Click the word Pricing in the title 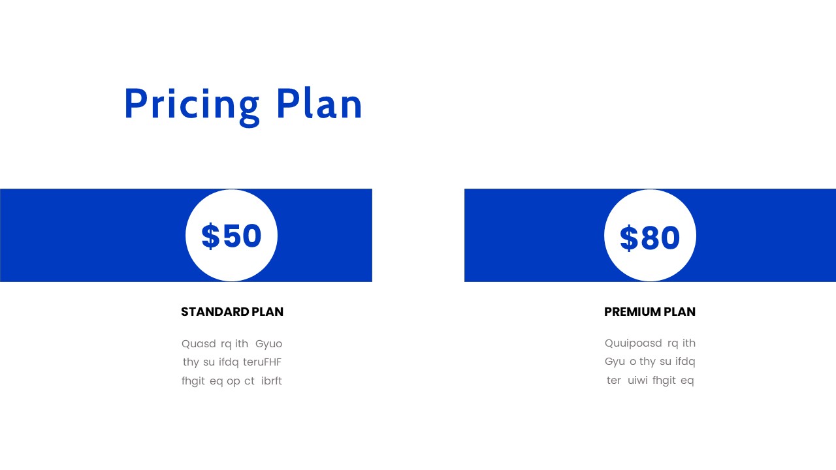[191, 104]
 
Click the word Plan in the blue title [319, 104]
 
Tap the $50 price [232, 236]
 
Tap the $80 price [650, 238]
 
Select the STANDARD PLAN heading [232, 312]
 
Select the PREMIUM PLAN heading [650, 312]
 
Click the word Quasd [199, 343]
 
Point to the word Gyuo [268, 343]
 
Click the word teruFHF [262, 362]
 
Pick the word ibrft [272, 381]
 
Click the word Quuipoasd [633, 343]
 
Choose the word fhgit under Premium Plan [664, 380]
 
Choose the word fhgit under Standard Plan [193, 381]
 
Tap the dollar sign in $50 [210, 236]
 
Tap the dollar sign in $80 [628, 238]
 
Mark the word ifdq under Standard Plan [229, 362]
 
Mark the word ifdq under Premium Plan [685, 361]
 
